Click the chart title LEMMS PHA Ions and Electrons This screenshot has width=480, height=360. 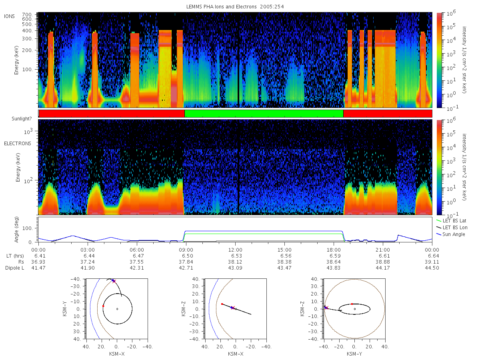(x=221, y=7)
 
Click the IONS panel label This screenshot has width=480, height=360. (x=9, y=16)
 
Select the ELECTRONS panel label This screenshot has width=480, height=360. (x=18, y=143)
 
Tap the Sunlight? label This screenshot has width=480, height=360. (x=22, y=119)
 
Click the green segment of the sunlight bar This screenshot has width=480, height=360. (x=264, y=114)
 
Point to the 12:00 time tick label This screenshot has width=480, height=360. (x=235, y=250)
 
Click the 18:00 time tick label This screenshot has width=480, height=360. (x=334, y=250)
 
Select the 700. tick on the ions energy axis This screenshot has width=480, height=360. (x=27, y=15)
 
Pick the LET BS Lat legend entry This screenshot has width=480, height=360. (x=451, y=220)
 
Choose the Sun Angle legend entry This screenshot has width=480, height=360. (x=450, y=234)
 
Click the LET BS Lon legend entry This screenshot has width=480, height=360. (x=452, y=227)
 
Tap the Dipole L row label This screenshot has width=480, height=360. (x=14, y=268)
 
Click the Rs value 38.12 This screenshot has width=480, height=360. (x=235, y=262)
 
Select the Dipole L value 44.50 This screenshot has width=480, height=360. (x=432, y=268)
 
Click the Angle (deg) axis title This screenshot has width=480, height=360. (x=16, y=230)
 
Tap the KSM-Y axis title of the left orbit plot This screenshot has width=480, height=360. (x=65, y=309)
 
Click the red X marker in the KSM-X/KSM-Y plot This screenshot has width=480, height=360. (x=114, y=281)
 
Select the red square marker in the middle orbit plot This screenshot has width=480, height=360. (x=222, y=304)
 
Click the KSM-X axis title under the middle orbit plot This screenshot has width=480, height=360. (x=236, y=354)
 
